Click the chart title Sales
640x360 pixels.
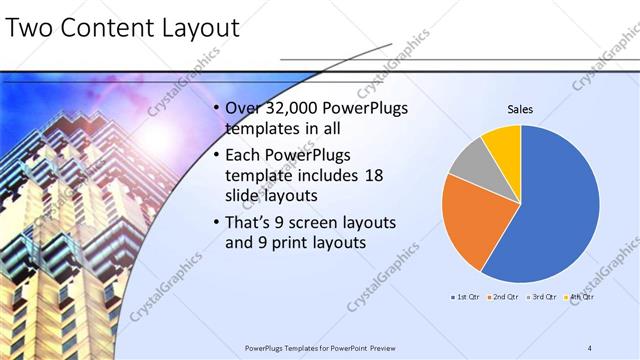(520, 109)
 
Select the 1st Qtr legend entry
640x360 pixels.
(466, 297)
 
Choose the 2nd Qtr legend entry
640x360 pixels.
(503, 297)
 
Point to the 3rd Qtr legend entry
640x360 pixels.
(540, 297)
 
